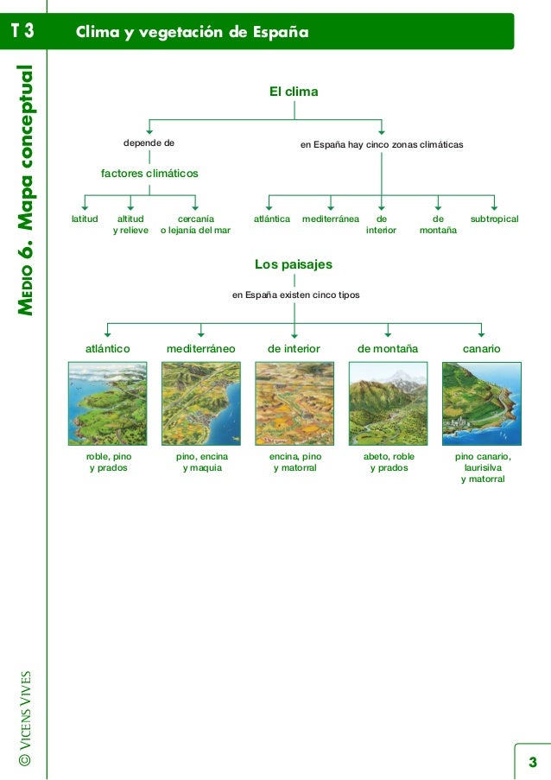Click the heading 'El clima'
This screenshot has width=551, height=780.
pyautogui.click(x=294, y=91)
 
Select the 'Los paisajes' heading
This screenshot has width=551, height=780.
pyautogui.click(x=294, y=264)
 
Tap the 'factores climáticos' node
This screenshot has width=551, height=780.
pyautogui.click(x=149, y=174)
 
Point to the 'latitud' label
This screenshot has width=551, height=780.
pyautogui.click(x=85, y=220)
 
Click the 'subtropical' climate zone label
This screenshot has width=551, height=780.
pyautogui.click(x=494, y=220)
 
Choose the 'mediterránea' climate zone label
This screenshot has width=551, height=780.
pyautogui.click(x=331, y=220)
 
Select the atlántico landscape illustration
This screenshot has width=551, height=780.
pyautogui.click(x=107, y=403)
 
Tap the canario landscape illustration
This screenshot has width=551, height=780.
pyautogui.click(x=481, y=403)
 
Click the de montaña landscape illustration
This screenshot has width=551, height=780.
pyautogui.click(x=388, y=403)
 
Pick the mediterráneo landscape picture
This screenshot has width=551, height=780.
pyautogui.click(x=200, y=403)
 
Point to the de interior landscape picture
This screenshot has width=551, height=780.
pyautogui.click(x=294, y=403)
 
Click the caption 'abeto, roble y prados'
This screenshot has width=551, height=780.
pyautogui.click(x=389, y=462)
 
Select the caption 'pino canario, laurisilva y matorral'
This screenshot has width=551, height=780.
pyautogui.click(x=482, y=467)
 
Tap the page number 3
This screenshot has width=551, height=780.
pyautogui.click(x=532, y=761)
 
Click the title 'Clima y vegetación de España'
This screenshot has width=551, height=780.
pyautogui.click(x=192, y=33)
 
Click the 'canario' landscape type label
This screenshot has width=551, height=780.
pyautogui.click(x=482, y=349)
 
